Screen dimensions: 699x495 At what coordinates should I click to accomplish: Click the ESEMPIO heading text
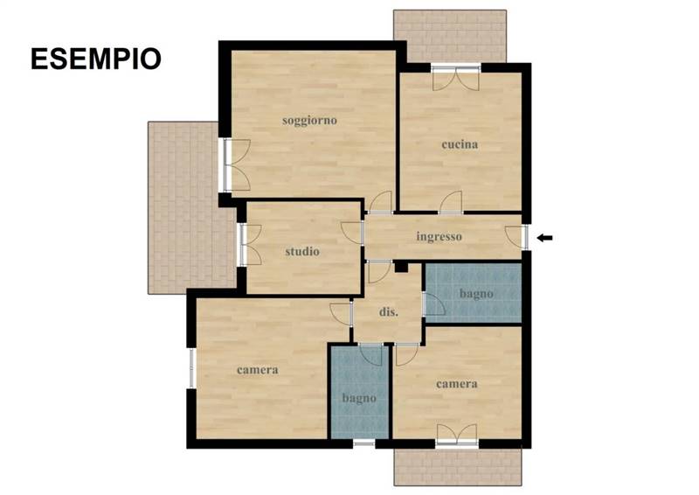(x=96, y=59)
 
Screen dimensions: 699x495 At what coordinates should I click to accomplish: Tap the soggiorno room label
(x=309, y=121)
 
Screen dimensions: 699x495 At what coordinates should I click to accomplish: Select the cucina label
(x=460, y=144)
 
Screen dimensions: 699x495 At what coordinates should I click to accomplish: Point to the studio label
(x=302, y=251)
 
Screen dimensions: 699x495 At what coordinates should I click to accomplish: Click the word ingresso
(x=439, y=236)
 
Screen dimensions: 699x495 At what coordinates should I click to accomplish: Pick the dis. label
(x=389, y=312)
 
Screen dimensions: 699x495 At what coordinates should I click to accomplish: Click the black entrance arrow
(x=544, y=238)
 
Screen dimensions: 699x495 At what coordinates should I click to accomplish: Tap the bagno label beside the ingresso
(x=476, y=294)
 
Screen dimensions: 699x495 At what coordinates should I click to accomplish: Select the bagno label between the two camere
(x=359, y=398)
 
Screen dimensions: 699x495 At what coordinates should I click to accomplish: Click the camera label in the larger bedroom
(x=258, y=370)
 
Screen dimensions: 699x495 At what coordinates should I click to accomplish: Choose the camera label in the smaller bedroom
(x=457, y=384)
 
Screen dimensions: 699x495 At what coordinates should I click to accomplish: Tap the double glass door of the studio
(x=250, y=245)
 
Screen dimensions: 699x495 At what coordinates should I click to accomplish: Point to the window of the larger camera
(x=192, y=368)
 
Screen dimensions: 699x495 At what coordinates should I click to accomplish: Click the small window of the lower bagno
(x=363, y=443)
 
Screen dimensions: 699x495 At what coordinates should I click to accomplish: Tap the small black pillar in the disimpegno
(x=401, y=267)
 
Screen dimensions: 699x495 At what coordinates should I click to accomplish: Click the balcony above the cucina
(x=450, y=37)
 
